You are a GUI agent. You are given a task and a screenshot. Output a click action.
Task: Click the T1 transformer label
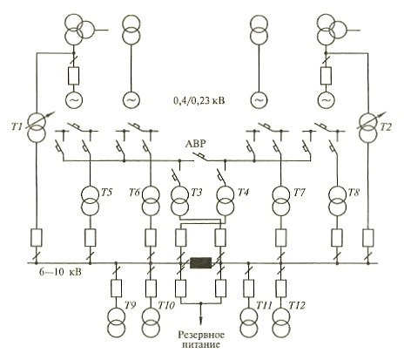17,126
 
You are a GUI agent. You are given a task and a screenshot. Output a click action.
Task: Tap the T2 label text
386,126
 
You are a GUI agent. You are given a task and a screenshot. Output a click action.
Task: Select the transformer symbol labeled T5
90,200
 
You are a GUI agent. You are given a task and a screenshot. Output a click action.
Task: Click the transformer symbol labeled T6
151,200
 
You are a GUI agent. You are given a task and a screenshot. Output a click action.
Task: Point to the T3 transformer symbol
180,200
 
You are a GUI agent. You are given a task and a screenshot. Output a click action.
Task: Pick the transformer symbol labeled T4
225,200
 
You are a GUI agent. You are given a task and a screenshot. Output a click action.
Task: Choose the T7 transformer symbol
281,200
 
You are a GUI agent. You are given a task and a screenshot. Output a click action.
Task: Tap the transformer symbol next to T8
337,200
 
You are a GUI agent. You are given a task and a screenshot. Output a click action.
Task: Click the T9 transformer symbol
116,323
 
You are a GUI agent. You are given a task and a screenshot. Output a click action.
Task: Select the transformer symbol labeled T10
151,323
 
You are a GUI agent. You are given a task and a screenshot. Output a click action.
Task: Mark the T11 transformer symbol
248,323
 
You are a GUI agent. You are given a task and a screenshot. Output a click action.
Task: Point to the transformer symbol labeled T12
281,323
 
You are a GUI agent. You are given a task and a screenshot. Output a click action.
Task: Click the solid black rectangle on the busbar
200,263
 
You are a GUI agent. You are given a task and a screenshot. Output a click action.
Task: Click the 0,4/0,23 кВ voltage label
199,101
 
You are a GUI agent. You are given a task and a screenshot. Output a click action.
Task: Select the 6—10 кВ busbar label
60,273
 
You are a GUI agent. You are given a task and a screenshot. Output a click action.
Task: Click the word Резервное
201,336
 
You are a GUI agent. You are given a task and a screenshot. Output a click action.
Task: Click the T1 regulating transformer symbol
37,128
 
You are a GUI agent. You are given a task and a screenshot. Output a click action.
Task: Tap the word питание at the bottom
200,345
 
